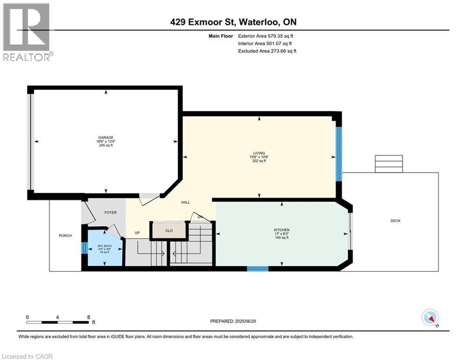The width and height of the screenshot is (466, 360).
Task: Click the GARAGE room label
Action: [x=106, y=137]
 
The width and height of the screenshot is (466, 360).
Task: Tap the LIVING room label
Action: [x=259, y=153]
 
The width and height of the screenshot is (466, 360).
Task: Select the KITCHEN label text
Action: [x=282, y=230]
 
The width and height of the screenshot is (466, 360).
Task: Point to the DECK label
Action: [x=395, y=221]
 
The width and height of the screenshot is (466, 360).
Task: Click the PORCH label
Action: [x=65, y=235]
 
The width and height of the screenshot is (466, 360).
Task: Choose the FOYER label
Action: [x=110, y=212]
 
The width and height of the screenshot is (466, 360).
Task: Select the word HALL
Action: [x=185, y=202]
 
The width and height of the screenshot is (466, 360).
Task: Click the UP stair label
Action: [x=137, y=233]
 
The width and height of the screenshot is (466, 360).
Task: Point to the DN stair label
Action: [x=200, y=217]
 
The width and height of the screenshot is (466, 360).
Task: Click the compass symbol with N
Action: [x=430, y=318]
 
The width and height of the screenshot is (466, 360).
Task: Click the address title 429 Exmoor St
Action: [x=233, y=22]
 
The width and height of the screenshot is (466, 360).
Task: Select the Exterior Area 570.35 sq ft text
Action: [x=266, y=36]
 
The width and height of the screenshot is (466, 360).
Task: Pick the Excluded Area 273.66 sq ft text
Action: [x=267, y=51]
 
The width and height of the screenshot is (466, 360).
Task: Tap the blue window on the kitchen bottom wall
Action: [x=258, y=269]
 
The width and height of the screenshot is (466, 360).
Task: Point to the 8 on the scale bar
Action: [x=88, y=317]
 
